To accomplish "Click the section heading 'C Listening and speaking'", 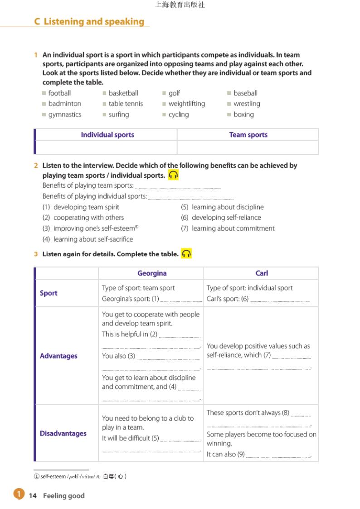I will pyautogui.click(x=89, y=21).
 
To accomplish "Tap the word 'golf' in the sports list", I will pyautogui.click(x=174, y=93).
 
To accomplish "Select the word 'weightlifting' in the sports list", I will pyautogui.click(x=186, y=103).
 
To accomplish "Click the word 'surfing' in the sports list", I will pyautogui.click(x=118, y=114).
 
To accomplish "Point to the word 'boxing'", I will pyautogui.click(x=243, y=114).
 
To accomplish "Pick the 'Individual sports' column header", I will pyautogui.click(x=107, y=135).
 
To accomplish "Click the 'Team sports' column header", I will pyautogui.click(x=248, y=135).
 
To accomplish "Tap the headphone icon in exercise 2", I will pyautogui.click(x=173, y=175).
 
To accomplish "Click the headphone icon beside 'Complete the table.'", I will pyautogui.click(x=186, y=254).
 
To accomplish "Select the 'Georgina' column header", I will pyautogui.click(x=152, y=273).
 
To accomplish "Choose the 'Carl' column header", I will pyautogui.click(x=262, y=273).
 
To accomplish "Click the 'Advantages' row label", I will pyautogui.click(x=58, y=356).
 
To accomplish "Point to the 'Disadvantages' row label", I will pyautogui.click(x=63, y=433).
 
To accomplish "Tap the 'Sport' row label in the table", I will pyautogui.click(x=49, y=293).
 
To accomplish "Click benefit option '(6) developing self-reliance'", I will pyautogui.click(x=221, y=218).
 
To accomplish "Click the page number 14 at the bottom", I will pyautogui.click(x=33, y=495).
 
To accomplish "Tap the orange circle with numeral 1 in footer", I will pyautogui.click(x=18, y=494).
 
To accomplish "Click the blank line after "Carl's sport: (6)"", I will pyautogui.click(x=280, y=300).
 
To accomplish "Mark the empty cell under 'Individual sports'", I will pyautogui.click(x=106, y=147).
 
